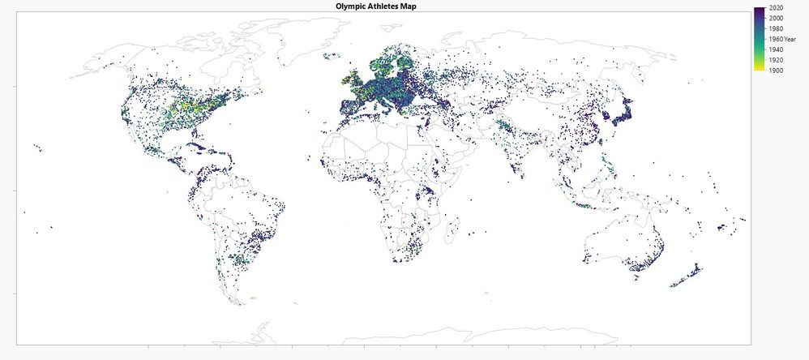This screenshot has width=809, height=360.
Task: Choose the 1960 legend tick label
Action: click(x=773, y=39)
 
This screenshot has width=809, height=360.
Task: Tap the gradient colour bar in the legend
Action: click(x=759, y=39)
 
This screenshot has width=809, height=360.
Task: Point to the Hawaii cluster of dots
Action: click(x=38, y=147)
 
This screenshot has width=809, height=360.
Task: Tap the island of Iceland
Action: click(x=330, y=57)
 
